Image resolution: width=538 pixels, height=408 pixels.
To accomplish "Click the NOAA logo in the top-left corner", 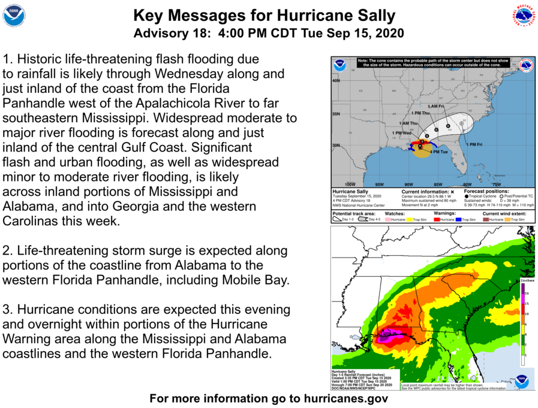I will pos(14,16).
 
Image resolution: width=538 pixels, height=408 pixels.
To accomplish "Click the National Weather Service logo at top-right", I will pos(523,16).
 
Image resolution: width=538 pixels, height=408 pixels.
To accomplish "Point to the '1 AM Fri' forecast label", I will pos(436,106).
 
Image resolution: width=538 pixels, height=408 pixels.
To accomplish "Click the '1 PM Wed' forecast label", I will pos(401,132).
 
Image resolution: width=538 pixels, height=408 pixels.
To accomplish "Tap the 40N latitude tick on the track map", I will pos(336,80).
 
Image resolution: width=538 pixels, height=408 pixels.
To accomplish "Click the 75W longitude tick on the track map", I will pos(496,185).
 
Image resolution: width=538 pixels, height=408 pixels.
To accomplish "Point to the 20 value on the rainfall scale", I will pos(526,294).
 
